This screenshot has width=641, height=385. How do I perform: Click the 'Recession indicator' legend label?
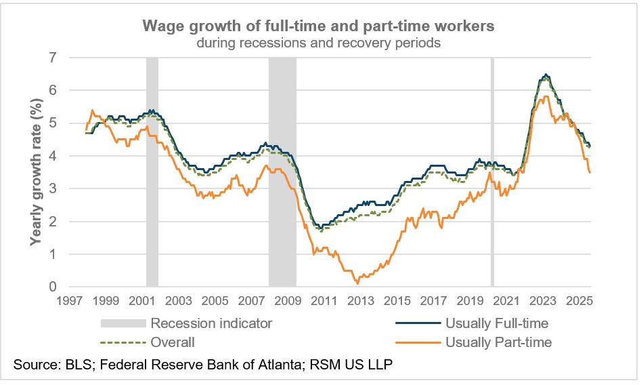coord(212,323)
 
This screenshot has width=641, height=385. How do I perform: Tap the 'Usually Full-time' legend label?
coord(497,323)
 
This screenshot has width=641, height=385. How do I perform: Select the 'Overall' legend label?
coord(172,342)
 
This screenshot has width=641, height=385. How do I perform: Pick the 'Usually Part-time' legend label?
coord(499,342)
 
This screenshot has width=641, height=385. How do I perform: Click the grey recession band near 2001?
coord(152,169)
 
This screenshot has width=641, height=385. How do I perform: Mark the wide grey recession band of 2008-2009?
coord(282,169)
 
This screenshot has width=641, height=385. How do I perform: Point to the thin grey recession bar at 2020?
coord(492,169)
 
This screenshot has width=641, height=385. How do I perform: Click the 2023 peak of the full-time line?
coord(546,75)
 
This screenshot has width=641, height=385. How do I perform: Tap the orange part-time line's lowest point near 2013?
coord(357,283)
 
